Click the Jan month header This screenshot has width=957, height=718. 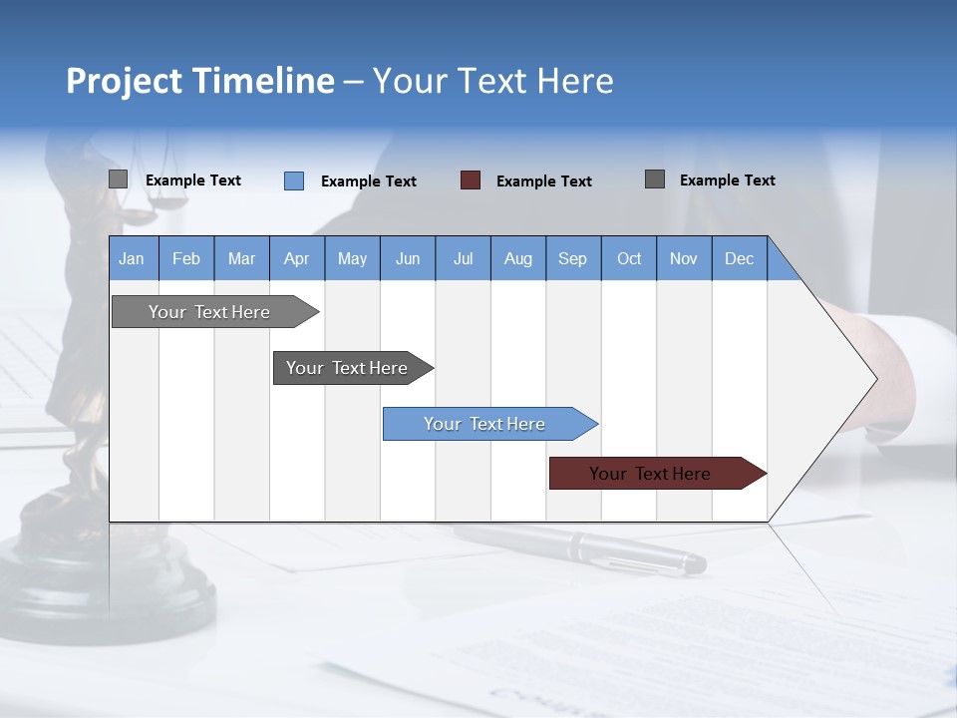click(133, 258)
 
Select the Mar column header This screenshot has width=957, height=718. click(241, 258)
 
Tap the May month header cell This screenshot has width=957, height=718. click(352, 258)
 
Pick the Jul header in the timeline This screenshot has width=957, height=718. click(463, 258)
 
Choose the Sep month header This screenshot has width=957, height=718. click(572, 258)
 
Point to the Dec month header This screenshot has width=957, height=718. click(739, 258)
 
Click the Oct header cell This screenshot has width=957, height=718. click(629, 258)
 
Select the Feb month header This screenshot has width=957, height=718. click(186, 258)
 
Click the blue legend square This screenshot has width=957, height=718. click(294, 180)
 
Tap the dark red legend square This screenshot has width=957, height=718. click(471, 180)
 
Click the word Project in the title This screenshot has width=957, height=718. click(124, 81)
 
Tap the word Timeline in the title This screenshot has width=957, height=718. click(263, 81)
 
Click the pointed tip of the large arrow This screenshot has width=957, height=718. click(874, 379)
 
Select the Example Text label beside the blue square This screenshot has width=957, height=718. click(368, 181)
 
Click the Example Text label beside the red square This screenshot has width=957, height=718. click(543, 181)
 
